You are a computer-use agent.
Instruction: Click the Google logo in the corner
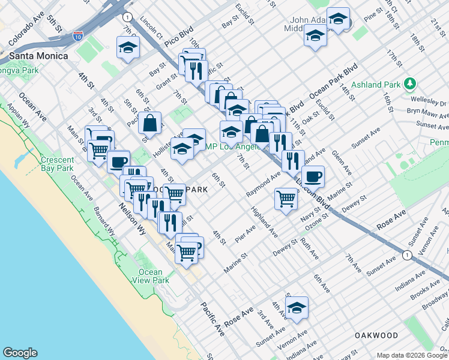pos(20,353)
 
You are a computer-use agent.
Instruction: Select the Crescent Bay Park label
pos(57,164)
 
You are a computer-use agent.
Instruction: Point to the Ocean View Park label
pos(149,276)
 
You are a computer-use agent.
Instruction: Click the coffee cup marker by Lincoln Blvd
pos(313,177)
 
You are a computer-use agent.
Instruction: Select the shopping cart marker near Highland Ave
pos(286,198)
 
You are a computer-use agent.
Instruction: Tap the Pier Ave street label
pos(246,233)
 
